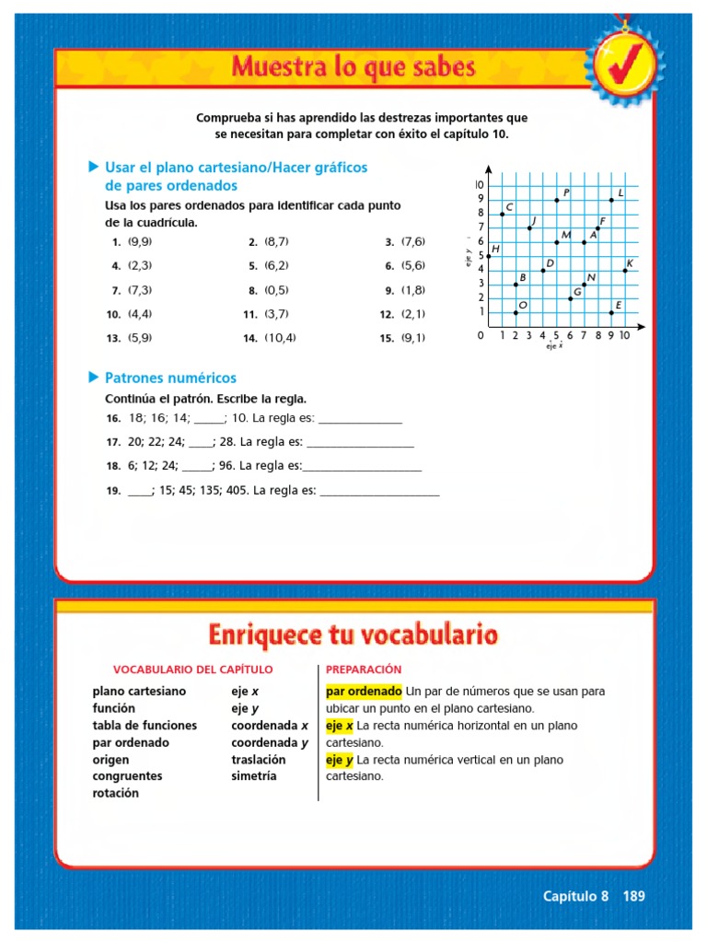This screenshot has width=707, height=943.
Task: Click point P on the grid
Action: pos(557,200)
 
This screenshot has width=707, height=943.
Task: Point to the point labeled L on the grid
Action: pos(611,200)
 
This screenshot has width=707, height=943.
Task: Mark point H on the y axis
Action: pos(489,256)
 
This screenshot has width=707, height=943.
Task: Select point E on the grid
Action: pos(611,312)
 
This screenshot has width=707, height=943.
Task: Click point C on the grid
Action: pos(502,214)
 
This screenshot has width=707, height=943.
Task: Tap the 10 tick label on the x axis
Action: pos(624,336)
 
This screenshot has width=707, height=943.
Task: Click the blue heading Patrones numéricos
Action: pos(170,378)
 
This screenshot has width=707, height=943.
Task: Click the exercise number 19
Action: pos(113,491)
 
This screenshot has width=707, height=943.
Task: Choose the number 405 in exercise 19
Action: pos(233,491)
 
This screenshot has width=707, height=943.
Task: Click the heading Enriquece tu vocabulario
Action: pos(353,634)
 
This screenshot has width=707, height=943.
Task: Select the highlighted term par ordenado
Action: pos(364,691)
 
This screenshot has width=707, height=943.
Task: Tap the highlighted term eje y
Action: pos(340,760)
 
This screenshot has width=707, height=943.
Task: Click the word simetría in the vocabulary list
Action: pos(254,776)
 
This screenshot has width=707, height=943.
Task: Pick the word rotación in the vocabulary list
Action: pos(116,793)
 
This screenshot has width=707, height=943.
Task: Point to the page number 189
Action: pos(634,896)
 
